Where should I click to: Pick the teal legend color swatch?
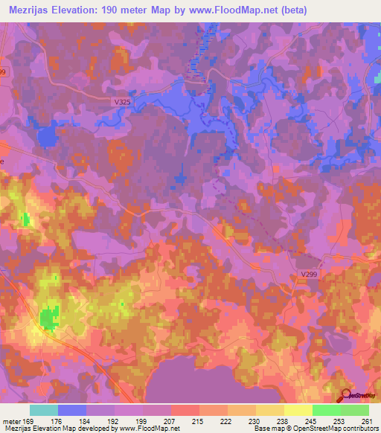(x=44, y=410)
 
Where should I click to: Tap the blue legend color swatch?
(x=72, y=410)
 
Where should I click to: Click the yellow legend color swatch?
(x=298, y=410)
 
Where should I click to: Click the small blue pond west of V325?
(x=48, y=136)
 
